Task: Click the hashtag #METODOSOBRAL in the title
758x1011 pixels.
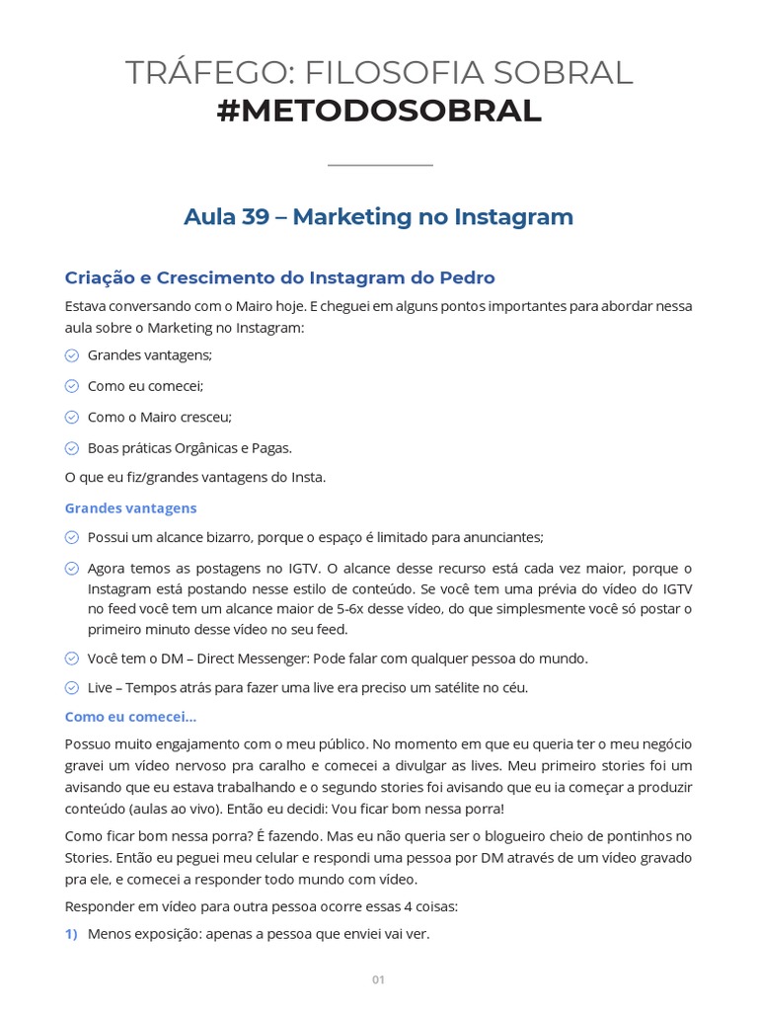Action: (x=379, y=112)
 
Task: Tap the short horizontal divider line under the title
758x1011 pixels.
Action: (x=379, y=165)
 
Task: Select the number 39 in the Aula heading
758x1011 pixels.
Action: (x=255, y=217)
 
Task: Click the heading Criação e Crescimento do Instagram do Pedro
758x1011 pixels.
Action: (x=279, y=277)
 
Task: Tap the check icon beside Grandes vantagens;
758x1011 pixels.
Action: (x=72, y=355)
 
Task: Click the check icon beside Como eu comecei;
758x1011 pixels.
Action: (x=72, y=386)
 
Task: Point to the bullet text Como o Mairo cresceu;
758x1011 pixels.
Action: (x=159, y=417)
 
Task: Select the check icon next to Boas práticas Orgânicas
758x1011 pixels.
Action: (x=72, y=447)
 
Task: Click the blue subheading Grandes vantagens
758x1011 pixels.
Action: (x=130, y=507)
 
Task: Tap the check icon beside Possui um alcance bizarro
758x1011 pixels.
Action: (x=72, y=537)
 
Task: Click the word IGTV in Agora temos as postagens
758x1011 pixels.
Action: (x=302, y=568)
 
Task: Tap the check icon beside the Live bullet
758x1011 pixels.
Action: (x=72, y=688)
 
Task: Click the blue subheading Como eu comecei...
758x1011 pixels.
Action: (x=130, y=717)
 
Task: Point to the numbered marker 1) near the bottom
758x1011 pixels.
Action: (x=71, y=933)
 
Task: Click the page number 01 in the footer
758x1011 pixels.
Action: (x=378, y=979)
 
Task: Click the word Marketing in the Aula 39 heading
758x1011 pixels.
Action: (x=352, y=217)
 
